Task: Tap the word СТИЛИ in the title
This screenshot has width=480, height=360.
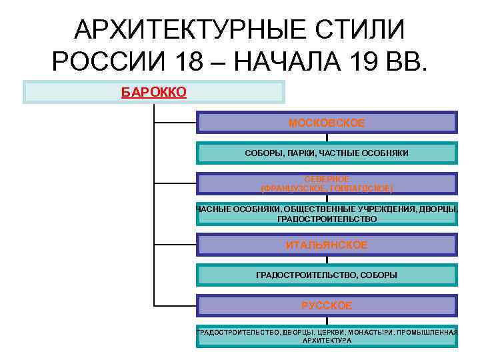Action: (x=364, y=29)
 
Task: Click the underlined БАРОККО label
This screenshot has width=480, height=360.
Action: (x=153, y=91)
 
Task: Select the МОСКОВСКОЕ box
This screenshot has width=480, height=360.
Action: (x=327, y=123)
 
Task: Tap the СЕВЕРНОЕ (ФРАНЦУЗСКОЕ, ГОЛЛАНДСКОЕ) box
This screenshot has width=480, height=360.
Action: (x=327, y=184)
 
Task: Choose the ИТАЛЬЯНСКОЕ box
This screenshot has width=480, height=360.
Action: (x=327, y=245)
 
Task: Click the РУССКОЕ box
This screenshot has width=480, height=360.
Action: (x=327, y=305)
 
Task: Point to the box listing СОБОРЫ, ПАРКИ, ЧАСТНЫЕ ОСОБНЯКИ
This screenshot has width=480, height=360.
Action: (x=327, y=153)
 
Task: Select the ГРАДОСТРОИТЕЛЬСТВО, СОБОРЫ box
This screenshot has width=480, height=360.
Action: (x=327, y=275)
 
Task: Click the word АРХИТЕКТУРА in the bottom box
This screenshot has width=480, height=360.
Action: (x=327, y=340)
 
